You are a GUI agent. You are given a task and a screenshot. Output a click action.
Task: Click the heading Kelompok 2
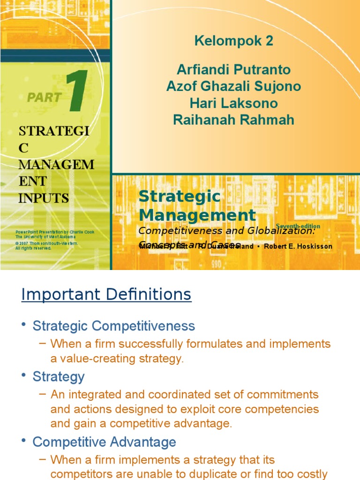pos(233,41)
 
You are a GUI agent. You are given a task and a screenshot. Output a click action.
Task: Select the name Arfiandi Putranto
pos(233,70)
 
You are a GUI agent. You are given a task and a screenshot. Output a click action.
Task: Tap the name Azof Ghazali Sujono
pos(233,86)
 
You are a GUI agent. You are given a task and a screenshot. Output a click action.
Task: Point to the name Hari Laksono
pos(233,103)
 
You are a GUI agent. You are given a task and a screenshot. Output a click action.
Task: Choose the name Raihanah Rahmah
pos(233,120)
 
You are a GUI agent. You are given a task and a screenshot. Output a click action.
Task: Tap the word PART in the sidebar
pos(45,97)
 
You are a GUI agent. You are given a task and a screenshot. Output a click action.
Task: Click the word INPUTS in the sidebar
pos(44,198)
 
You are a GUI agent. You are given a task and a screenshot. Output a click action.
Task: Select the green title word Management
pos(197,215)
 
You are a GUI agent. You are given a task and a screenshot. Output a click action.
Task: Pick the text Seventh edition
pos(298,226)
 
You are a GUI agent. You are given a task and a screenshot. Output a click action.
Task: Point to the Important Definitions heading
pos(106,295)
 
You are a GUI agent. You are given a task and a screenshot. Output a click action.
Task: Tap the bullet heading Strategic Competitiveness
pos(113,325)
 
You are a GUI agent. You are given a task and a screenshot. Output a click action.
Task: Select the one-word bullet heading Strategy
pos(59,376)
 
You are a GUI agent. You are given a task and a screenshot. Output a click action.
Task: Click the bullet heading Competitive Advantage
pos(104,442)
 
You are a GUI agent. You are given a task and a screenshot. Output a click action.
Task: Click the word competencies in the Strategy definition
pos(286,409)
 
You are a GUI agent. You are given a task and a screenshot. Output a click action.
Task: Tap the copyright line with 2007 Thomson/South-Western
pos(46,244)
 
